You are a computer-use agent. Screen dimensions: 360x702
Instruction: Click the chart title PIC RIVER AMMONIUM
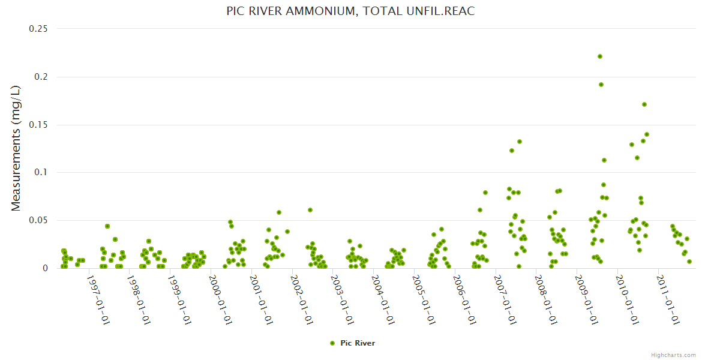tap(350, 11)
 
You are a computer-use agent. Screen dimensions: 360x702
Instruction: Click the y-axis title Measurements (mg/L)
tap(16, 148)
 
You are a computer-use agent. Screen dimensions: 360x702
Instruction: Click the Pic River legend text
tap(358, 343)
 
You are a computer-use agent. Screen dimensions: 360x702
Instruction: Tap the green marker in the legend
tap(332, 343)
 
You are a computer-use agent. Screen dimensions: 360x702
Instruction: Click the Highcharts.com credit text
tap(673, 355)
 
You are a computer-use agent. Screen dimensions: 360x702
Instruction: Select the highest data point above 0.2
tap(600, 56)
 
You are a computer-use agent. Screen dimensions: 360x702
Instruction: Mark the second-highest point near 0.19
tap(601, 85)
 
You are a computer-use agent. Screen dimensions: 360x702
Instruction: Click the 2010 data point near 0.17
tap(644, 104)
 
